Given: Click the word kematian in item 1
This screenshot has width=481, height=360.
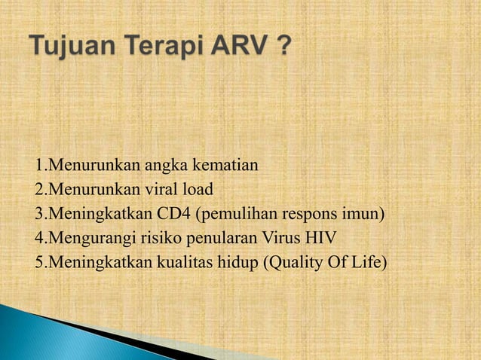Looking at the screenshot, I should [226, 166].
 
